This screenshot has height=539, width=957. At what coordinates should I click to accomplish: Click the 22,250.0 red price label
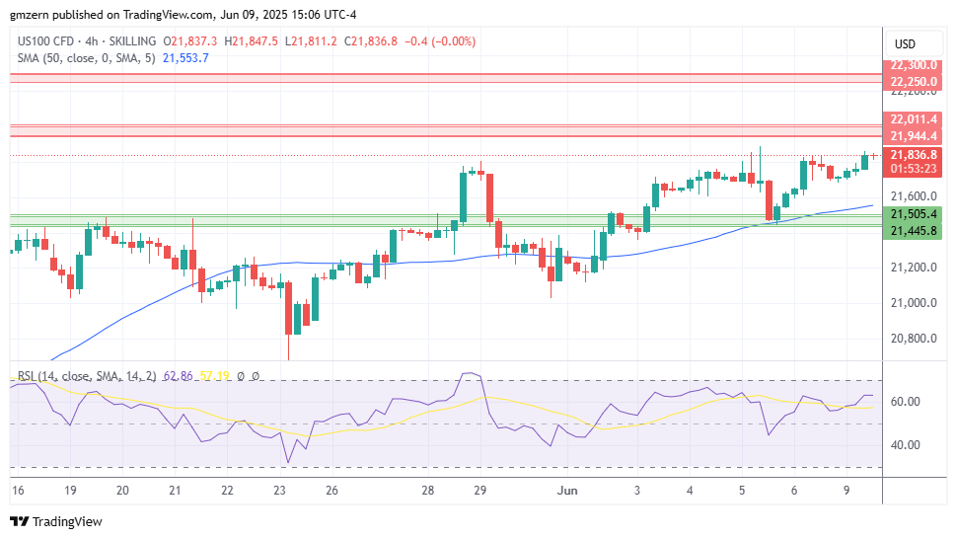[913, 81]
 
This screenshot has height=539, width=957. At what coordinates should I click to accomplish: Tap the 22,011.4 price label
[913, 119]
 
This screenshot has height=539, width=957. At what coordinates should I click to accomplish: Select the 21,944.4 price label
[913, 136]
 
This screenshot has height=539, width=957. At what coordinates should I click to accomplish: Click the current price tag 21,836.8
[913, 154]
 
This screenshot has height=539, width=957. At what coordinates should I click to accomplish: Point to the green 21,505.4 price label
[913, 213]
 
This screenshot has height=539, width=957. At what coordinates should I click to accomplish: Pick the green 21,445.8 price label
[913, 231]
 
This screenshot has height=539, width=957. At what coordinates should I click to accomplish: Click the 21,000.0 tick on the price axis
[913, 303]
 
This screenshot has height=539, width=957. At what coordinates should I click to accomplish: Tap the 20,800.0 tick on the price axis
[913, 339]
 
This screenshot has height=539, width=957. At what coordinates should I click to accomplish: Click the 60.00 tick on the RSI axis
[906, 402]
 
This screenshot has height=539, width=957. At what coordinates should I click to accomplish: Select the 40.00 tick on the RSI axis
[906, 445]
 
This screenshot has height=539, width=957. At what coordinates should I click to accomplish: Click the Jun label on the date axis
[566, 491]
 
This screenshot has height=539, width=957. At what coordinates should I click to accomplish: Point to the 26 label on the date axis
[331, 491]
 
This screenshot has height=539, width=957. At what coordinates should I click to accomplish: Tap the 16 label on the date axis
[17, 491]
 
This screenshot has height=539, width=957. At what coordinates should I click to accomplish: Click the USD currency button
[905, 44]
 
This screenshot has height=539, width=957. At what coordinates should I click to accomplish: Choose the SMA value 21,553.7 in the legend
[184, 57]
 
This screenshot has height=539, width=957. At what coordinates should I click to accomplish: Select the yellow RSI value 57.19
[216, 376]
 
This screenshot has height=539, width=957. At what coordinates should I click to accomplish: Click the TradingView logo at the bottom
[56, 521]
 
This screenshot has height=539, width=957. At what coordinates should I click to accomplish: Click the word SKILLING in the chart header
[131, 40]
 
